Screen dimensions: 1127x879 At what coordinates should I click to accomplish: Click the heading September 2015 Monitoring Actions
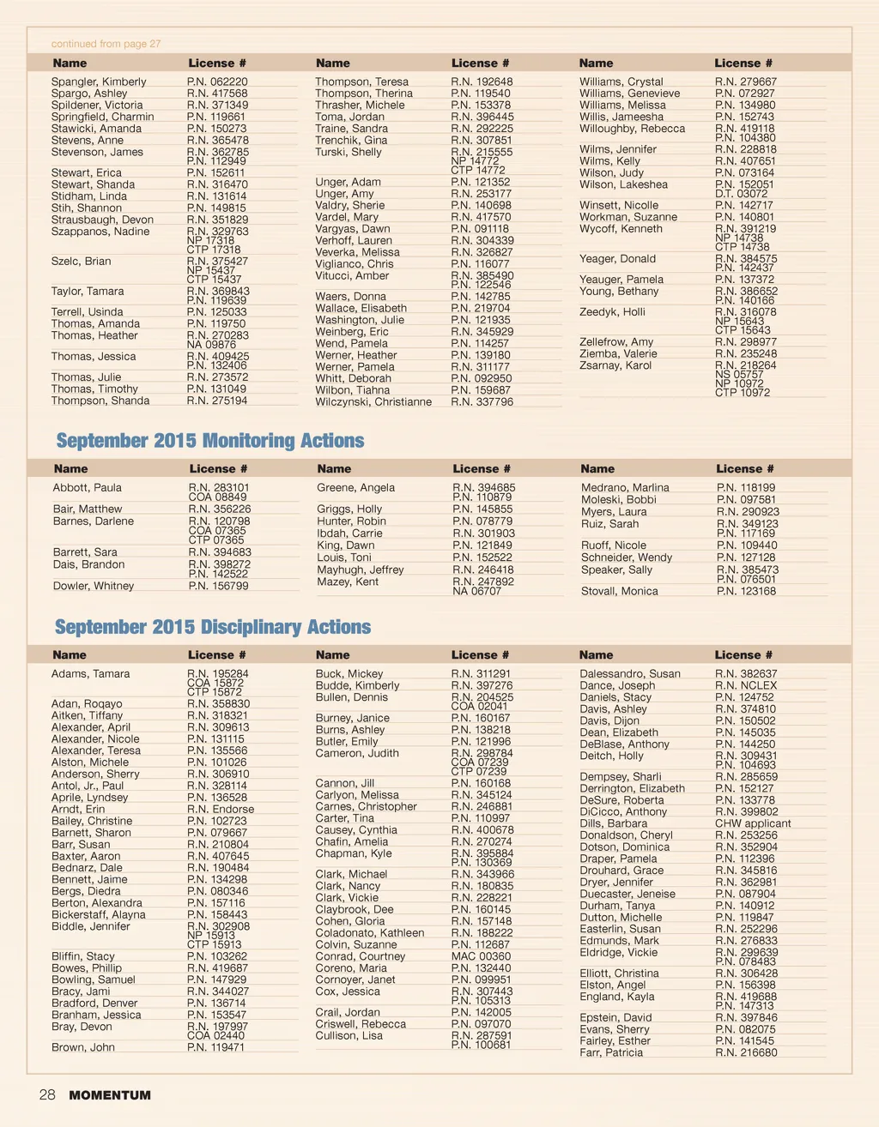pos(210,441)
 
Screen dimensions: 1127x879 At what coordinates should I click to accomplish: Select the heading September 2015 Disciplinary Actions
pos(213,627)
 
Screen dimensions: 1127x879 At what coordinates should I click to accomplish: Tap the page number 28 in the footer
pos(47,1094)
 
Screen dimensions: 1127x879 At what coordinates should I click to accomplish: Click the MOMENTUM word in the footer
pos(110,1095)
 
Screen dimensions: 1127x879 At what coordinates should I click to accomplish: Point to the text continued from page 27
pos(106,44)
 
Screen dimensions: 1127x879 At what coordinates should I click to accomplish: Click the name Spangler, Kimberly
pos(99,81)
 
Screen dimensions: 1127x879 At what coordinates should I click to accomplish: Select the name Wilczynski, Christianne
pos(373,401)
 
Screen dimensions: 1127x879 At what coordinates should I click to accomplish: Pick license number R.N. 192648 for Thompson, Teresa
pos(482,81)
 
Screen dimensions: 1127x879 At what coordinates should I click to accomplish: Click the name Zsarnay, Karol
pos(615,365)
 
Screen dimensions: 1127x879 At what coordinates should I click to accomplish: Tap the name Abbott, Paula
pos(88,487)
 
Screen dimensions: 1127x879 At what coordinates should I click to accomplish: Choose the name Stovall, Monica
pos(620,591)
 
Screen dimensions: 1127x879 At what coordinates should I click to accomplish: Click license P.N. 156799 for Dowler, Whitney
pos(218,586)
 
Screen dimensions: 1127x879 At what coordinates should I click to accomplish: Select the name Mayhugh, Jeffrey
pos(361,570)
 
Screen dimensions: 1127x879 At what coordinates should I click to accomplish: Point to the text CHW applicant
pos(753,823)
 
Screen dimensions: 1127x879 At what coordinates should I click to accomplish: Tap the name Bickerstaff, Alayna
pos(99,914)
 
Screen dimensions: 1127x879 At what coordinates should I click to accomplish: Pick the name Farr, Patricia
pos(611,1052)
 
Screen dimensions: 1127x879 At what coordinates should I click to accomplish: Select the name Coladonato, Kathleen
pos(370,933)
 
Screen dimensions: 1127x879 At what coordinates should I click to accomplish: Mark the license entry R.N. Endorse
pos(221,809)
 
